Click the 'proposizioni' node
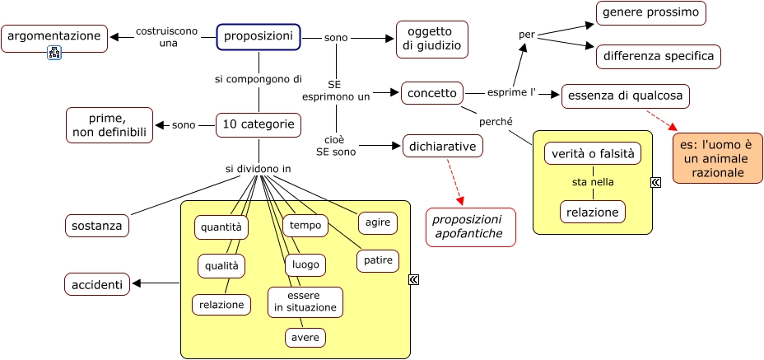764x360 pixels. point(259,37)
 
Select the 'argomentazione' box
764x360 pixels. point(54,37)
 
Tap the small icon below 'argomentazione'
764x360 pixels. point(55,54)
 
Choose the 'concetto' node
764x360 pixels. point(432,93)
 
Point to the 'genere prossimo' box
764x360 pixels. point(651,13)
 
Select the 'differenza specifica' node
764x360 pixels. point(659,57)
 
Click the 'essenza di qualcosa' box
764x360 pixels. point(625,96)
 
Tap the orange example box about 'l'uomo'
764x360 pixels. point(717,158)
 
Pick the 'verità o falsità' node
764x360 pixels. point(592,154)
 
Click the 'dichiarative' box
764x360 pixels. point(443,147)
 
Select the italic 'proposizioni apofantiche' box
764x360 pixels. point(470,227)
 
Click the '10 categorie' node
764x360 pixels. point(259,125)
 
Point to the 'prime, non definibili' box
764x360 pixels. point(109,125)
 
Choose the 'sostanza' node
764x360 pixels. point(97,225)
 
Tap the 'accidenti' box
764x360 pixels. point(97,285)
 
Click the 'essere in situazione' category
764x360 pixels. point(305,302)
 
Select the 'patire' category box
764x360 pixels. point(378,261)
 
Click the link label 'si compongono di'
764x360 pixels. point(259,80)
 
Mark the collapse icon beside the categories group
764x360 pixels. point(414,280)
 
